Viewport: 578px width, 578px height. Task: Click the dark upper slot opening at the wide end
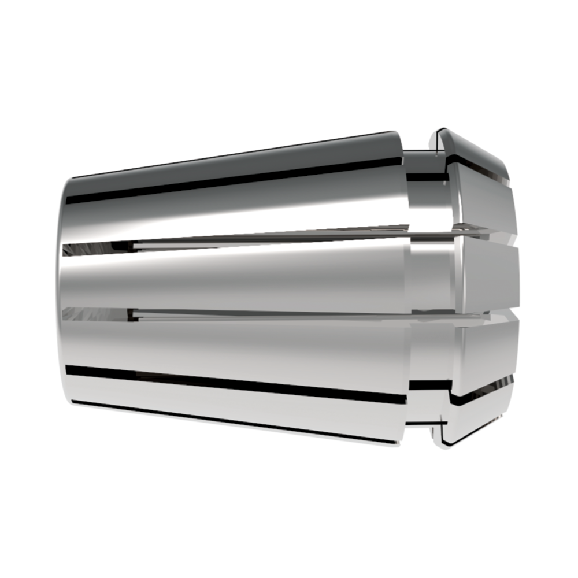click(87, 248)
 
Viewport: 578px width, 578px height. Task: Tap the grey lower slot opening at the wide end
click(87, 314)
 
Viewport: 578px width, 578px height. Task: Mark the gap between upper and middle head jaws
click(491, 234)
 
